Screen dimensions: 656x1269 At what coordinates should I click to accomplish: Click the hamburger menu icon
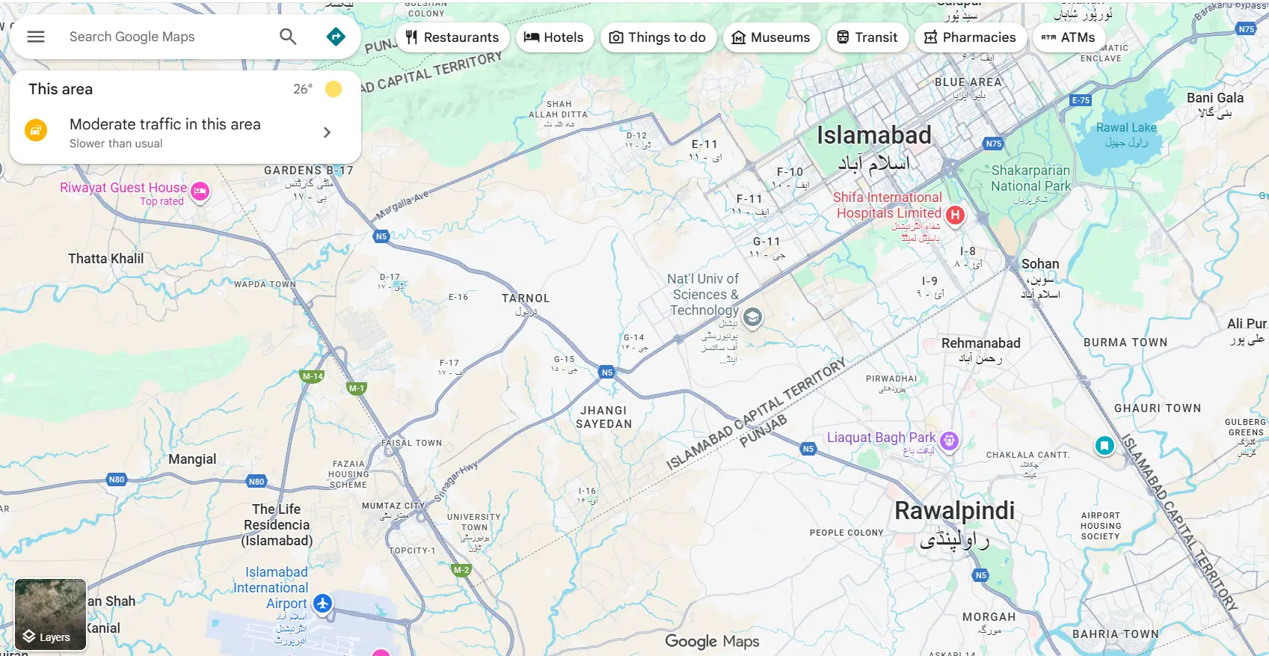coord(36,37)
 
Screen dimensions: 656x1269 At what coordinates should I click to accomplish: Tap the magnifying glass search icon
coord(288,37)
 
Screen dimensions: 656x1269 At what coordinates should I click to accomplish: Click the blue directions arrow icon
coord(337,37)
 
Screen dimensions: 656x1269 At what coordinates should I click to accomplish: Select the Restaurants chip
coord(452,37)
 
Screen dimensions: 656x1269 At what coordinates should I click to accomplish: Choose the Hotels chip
coord(553,37)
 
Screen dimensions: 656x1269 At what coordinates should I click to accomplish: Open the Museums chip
coord(771,37)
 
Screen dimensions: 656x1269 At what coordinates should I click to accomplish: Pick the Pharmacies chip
coord(970,37)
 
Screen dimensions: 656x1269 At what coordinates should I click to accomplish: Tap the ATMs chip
coord(1069,37)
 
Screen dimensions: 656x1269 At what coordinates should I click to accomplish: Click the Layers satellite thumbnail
coord(50,614)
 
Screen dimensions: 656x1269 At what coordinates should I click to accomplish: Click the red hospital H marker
coord(955,215)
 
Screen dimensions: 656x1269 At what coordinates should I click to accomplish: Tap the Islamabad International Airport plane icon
coord(322,603)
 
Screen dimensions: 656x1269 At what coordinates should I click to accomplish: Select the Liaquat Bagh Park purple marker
coord(949,441)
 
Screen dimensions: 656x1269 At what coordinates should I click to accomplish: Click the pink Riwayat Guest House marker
coord(200,191)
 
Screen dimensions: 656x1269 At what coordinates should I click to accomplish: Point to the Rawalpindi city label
coord(955,511)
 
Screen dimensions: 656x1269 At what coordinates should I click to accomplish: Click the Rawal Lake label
coord(1126,128)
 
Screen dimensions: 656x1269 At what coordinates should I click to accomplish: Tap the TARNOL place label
coord(526,298)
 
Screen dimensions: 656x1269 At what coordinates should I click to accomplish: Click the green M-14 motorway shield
coord(313,376)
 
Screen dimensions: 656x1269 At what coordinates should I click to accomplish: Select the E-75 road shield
coord(1081,100)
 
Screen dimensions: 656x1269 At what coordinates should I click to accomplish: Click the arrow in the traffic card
coord(327,132)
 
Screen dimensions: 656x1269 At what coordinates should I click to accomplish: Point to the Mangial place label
coord(192,459)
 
